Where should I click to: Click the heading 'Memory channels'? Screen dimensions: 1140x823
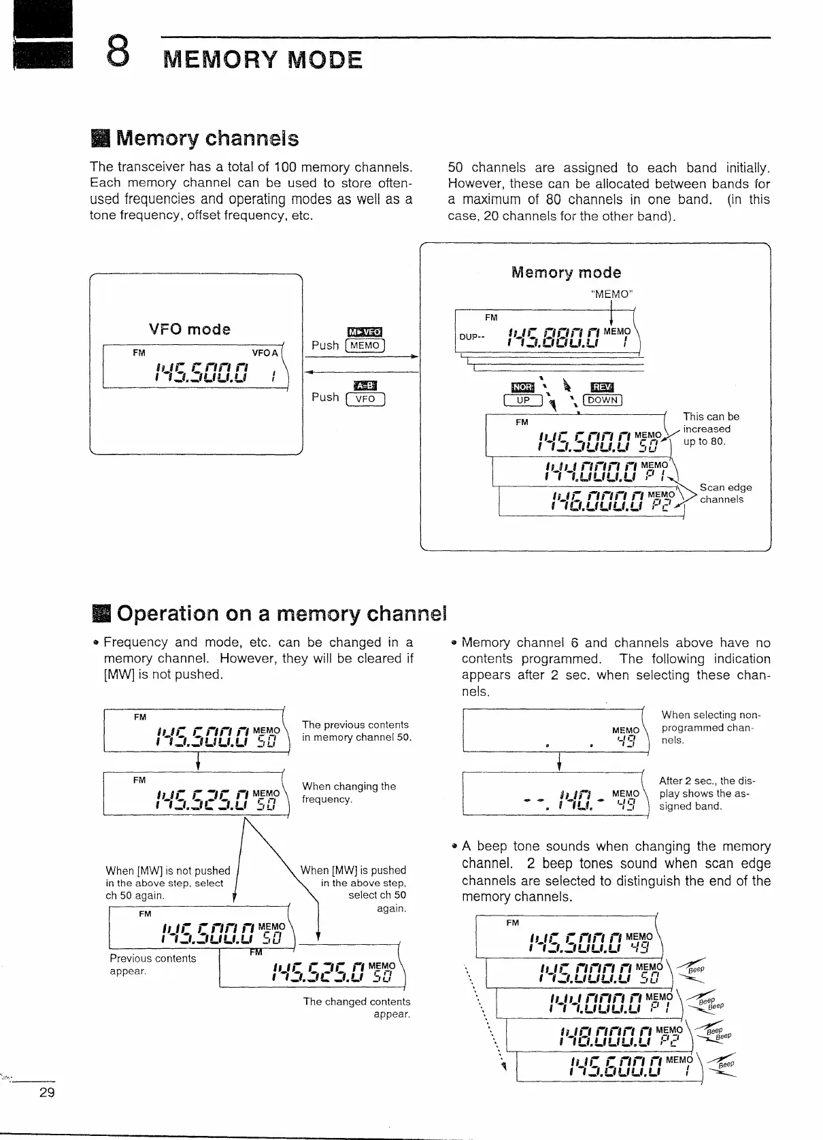tap(207, 139)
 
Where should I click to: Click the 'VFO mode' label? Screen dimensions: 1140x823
tap(190, 329)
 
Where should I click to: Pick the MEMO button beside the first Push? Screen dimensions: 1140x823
tap(365, 346)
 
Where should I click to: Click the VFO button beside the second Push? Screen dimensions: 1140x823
tap(365, 399)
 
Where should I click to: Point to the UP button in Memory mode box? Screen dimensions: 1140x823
tap(522, 400)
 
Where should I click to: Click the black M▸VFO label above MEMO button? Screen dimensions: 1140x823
tap(365, 332)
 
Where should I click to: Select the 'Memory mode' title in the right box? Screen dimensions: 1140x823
tap(566, 273)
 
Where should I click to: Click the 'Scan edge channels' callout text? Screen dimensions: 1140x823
tap(725, 493)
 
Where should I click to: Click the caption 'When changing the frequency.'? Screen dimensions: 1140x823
tap(349, 792)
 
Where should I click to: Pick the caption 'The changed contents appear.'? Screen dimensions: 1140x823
tap(357, 1007)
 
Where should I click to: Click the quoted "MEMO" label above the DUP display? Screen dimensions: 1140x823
tap(612, 295)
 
